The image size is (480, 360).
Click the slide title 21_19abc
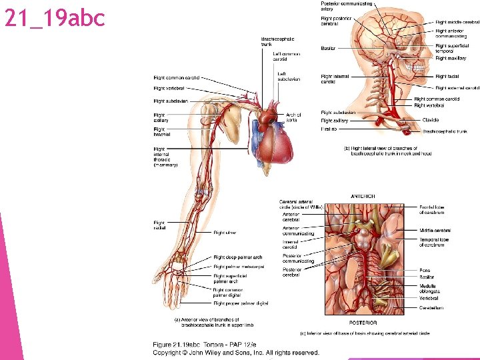(55, 18)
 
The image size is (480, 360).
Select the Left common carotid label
(286, 56)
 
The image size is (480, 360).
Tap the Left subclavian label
(289, 77)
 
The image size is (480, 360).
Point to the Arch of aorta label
(293, 117)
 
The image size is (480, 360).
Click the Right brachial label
(161, 131)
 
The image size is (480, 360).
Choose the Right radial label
(159, 225)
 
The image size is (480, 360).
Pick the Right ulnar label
(225, 233)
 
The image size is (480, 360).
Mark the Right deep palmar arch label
(238, 257)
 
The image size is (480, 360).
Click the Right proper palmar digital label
(241, 303)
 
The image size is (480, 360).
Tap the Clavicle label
(431, 120)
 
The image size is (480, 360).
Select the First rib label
(329, 129)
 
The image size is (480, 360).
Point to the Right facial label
(447, 77)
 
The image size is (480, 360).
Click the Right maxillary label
(451, 59)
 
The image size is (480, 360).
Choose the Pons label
(425, 271)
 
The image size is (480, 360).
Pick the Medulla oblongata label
(429, 289)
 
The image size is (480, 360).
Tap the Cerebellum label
(431, 307)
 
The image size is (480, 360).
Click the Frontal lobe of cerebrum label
(432, 210)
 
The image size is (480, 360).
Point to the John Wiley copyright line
(236, 353)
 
